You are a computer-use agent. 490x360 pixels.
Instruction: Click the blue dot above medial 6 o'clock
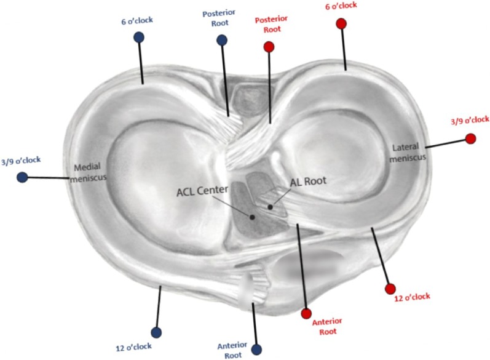tap(139, 37)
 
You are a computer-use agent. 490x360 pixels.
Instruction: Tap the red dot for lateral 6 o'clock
tap(341, 24)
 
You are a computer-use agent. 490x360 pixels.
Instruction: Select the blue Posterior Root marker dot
tap(222, 41)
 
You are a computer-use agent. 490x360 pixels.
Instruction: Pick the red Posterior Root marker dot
tap(268, 47)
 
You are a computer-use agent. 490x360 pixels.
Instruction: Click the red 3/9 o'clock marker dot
tap(470, 139)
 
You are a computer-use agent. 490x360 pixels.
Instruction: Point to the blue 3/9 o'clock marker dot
tap(22, 177)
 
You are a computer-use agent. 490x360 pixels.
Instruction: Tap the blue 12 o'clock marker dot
tap(156, 332)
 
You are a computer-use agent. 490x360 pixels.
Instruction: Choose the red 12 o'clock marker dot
tap(389, 289)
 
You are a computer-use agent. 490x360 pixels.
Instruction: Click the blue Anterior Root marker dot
tap(256, 349)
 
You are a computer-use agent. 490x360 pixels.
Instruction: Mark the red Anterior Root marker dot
tap(306, 314)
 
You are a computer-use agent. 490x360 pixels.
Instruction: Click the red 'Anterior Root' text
tap(326, 327)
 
